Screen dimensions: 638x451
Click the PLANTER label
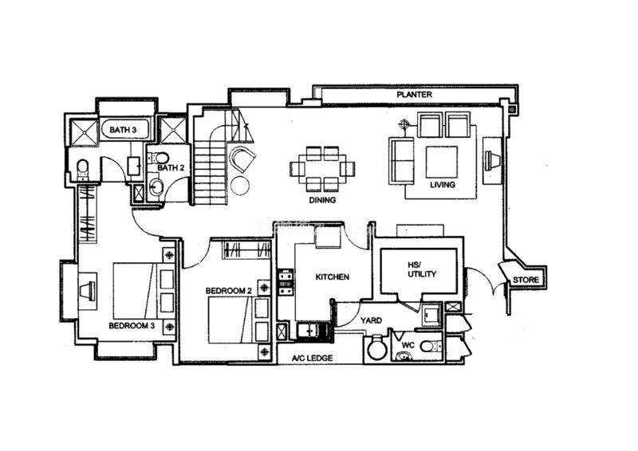click(x=414, y=95)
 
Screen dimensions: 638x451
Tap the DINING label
click(x=322, y=200)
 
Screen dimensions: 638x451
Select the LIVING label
click(x=443, y=185)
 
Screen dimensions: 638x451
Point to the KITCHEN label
click(x=333, y=277)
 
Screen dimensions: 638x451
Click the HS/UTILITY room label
click(x=422, y=269)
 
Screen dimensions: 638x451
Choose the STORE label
click(x=526, y=280)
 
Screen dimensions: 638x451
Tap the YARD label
click(x=371, y=320)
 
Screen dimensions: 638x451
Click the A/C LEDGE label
click(x=313, y=358)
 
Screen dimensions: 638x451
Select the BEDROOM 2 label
click(x=228, y=291)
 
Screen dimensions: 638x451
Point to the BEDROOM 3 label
click(x=132, y=326)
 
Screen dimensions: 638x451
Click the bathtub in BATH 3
click(x=124, y=130)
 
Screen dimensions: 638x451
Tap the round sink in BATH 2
click(x=156, y=187)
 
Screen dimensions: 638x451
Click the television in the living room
click(x=492, y=159)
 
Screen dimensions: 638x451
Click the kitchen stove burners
click(x=286, y=282)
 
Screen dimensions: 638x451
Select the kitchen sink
click(x=310, y=330)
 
